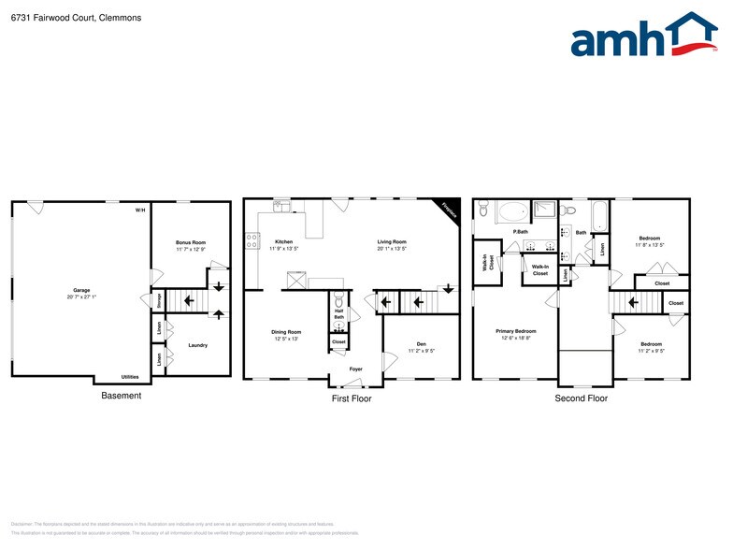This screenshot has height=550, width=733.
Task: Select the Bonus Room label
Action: tap(190, 242)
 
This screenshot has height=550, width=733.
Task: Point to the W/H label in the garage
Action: tap(140, 210)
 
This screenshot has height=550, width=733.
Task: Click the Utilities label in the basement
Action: tap(131, 376)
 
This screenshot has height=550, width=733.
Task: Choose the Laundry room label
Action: tap(197, 345)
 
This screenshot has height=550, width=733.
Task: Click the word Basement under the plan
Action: tap(121, 396)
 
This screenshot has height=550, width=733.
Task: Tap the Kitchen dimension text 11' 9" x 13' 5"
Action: tap(283, 249)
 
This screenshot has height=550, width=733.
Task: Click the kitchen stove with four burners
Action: tap(252, 240)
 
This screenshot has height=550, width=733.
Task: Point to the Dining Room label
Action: tap(286, 332)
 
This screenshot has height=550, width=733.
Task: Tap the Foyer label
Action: tap(355, 369)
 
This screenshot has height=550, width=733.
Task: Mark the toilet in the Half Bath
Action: tap(339, 301)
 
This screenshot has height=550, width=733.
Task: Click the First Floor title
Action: tap(352, 398)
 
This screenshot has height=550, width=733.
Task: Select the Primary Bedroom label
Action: tap(515, 331)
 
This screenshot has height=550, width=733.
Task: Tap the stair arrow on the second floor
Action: tap(634, 302)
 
